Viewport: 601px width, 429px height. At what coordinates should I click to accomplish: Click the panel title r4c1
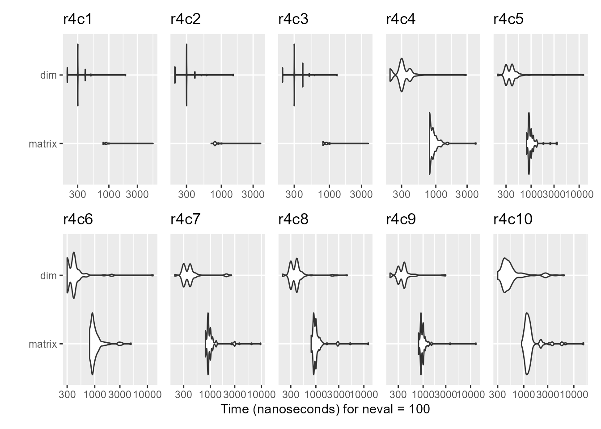tap(77, 20)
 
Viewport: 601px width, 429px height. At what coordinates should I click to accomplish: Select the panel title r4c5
tap(508, 20)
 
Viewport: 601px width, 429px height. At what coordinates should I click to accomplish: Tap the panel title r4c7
tap(185, 220)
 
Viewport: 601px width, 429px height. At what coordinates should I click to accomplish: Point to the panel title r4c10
tap(513, 220)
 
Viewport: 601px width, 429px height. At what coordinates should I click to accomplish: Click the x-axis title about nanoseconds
tap(325, 409)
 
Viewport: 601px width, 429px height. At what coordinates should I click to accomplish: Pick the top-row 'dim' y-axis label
tap(48, 75)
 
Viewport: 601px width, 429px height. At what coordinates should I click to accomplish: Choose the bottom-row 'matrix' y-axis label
tap(42, 344)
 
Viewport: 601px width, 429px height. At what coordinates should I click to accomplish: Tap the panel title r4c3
tap(293, 20)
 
